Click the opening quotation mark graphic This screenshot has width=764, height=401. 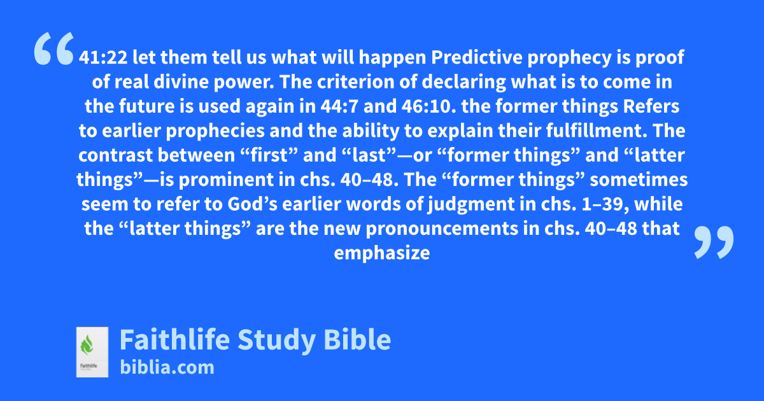[54, 48]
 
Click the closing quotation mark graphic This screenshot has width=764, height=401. [714, 242]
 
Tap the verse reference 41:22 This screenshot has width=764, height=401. [103, 57]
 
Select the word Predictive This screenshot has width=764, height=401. [477, 57]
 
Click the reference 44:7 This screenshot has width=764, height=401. [339, 106]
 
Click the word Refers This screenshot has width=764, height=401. [651, 106]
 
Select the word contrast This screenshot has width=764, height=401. [116, 155]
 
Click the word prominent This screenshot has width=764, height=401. [226, 180]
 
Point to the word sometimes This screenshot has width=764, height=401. [639, 179]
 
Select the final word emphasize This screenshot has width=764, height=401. [381, 253]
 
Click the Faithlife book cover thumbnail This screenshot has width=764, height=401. [92, 352]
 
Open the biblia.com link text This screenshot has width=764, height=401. [167, 367]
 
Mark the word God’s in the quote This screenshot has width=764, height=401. [252, 204]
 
